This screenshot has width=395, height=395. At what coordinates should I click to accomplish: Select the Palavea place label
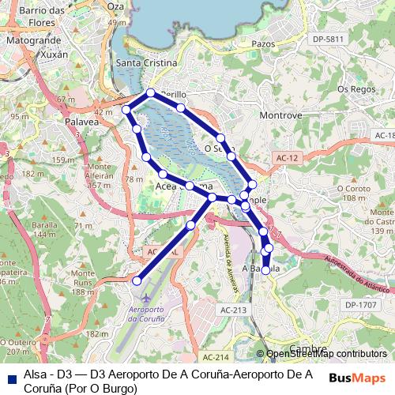[81, 122]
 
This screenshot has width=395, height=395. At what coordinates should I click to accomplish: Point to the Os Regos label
[355, 88]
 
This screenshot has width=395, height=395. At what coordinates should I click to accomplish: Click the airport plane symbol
[147, 296]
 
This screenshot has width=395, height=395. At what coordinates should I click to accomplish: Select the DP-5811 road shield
[329, 39]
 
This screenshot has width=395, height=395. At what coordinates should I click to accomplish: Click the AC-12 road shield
[287, 159]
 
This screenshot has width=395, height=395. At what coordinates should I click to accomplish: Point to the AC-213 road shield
[234, 310]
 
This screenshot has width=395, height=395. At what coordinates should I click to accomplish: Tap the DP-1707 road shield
[362, 304]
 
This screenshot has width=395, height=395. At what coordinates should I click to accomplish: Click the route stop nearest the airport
[137, 280]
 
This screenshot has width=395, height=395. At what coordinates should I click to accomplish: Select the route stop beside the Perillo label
[150, 93]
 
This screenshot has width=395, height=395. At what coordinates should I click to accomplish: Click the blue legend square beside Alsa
[10, 374]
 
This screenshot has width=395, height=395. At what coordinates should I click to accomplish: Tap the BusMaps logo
[357, 378]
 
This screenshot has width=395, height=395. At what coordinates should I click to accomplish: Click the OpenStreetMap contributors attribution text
[326, 354]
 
